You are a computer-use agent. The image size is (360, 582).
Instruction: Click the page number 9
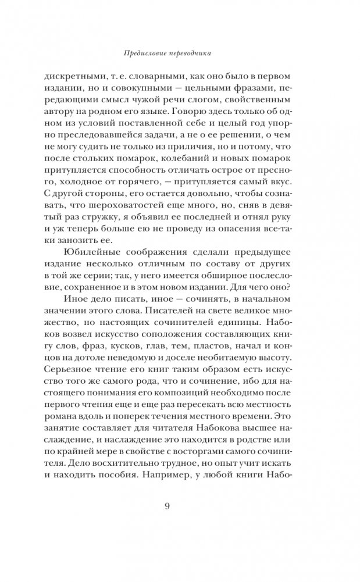click(x=167, y=505)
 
